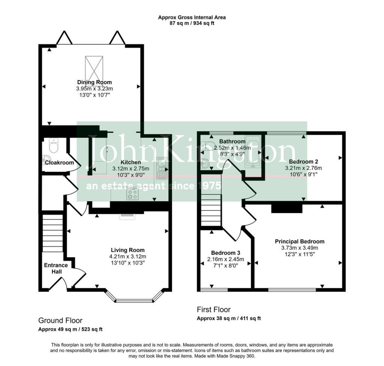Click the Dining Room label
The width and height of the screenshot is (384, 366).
click(x=94, y=82)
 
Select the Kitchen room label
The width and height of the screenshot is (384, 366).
click(x=130, y=162)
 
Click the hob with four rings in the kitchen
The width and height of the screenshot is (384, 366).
click(x=132, y=194)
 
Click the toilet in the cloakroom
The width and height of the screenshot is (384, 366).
click(x=54, y=145)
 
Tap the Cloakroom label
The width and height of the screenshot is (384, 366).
click(x=59, y=162)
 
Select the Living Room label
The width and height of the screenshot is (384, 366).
click(x=127, y=250)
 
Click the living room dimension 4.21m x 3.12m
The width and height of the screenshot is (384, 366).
click(x=127, y=257)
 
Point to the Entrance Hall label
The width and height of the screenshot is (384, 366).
click(x=56, y=268)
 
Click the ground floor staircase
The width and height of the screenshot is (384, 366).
click(x=52, y=233)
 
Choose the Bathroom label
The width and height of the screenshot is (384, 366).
click(x=232, y=141)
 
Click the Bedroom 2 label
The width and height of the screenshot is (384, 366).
click(x=303, y=162)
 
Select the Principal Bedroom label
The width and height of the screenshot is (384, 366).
click(x=300, y=241)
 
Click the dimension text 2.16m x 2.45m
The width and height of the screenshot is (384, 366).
click(x=225, y=259)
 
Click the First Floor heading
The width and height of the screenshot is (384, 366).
click(x=213, y=309)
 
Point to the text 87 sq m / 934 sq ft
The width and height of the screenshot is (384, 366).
click(x=192, y=24)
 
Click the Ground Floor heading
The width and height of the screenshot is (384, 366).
click(x=60, y=320)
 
